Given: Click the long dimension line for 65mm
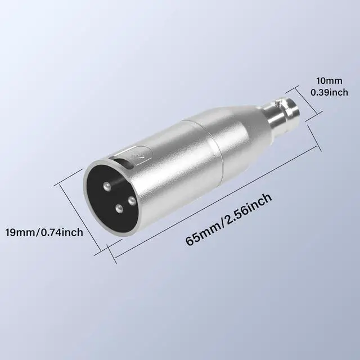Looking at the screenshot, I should tap(214, 194).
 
